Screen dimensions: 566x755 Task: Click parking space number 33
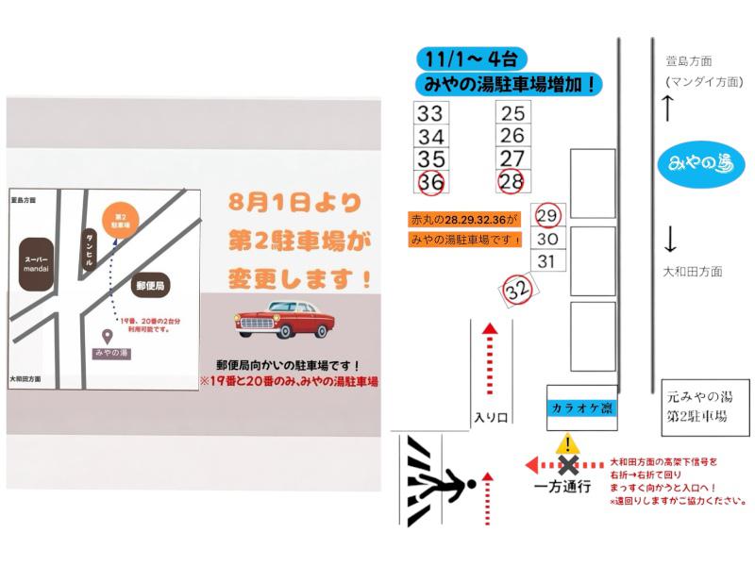pyautogui.click(x=430, y=113)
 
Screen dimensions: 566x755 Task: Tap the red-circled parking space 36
pyautogui.click(x=430, y=181)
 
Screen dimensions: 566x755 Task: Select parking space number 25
pyautogui.click(x=512, y=113)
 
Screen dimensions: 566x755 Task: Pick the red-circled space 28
pyautogui.click(x=512, y=181)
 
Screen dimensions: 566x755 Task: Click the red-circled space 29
pyautogui.click(x=547, y=216)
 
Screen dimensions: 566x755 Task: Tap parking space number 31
pyautogui.click(x=547, y=260)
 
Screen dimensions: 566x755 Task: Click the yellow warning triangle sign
pyautogui.click(x=568, y=442)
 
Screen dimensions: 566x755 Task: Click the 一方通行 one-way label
pyautogui.click(x=569, y=487)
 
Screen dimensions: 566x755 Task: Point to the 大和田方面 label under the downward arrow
pyautogui.click(x=692, y=272)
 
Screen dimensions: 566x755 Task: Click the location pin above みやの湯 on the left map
pyautogui.click(x=108, y=337)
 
